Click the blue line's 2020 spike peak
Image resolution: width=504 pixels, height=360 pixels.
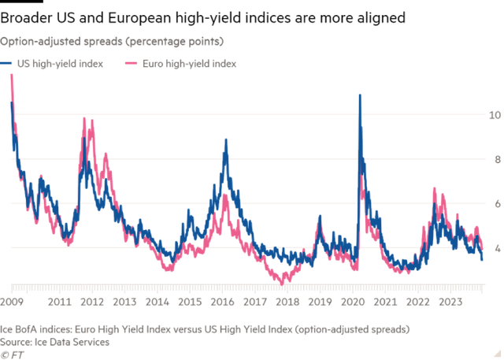[360, 95]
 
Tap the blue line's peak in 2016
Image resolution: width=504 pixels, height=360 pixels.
[226, 140]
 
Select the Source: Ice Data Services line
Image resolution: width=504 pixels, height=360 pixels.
[55, 342]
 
